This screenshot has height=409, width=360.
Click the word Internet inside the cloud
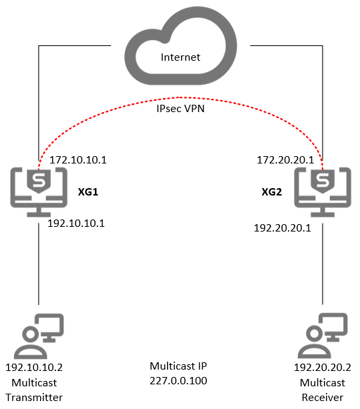[180, 57]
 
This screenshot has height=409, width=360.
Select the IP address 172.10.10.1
[79, 161]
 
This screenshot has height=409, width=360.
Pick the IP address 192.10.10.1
[76, 224]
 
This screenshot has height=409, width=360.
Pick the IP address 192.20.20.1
[283, 228]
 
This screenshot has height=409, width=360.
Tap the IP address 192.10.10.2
[34, 368]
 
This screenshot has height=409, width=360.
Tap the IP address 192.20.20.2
[322, 368]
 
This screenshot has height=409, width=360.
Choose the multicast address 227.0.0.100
[178, 381]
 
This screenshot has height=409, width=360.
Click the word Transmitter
[34, 397]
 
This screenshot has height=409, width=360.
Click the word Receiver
[322, 397]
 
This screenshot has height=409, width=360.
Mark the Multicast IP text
[178, 366]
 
